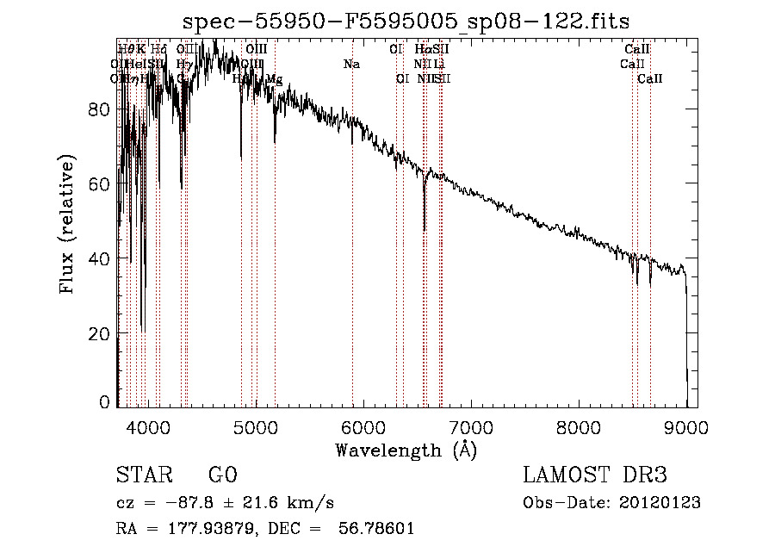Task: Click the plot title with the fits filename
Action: tap(406, 22)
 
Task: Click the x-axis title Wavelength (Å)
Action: tap(406, 450)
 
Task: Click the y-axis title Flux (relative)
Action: tap(66, 224)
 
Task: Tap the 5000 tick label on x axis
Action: tap(256, 425)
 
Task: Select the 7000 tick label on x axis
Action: tap(471, 425)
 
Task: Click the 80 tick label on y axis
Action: tap(99, 109)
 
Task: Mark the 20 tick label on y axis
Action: tap(99, 334)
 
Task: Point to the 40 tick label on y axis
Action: tap(99, 259)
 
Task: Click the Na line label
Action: tap(351, 65)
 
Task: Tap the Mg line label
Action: tap(274, 79)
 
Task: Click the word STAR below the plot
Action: tap(143, 475)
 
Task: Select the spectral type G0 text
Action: tap(221, 475)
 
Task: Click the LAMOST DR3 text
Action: tap(595, 475)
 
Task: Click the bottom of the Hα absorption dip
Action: tap(425, 230)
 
